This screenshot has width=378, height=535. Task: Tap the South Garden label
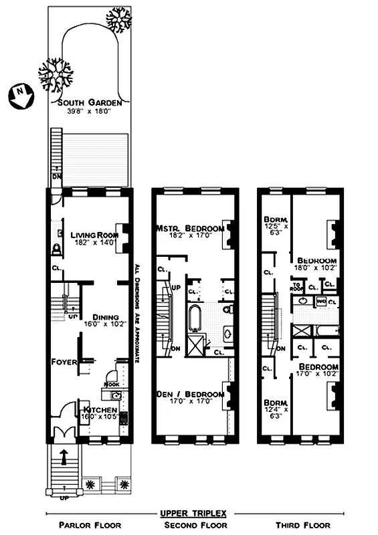89,103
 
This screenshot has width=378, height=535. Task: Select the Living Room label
94,235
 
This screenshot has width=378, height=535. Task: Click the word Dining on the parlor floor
106,317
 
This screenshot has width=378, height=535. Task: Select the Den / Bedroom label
189,395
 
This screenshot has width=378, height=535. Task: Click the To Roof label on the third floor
298,286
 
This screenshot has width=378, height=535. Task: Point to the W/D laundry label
320,302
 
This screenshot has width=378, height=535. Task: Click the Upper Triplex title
193,513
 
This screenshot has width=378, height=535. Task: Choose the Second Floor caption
193,525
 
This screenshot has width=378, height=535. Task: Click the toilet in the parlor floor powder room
56,249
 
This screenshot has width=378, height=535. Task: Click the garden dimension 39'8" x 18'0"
89,111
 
